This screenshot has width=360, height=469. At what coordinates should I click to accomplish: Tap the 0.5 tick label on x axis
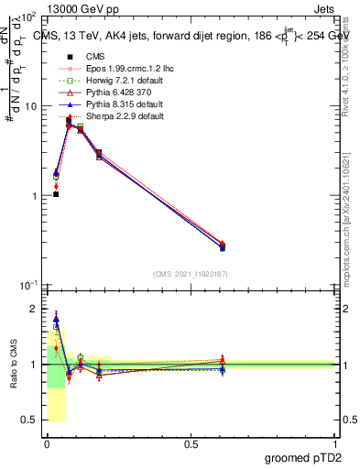pos(191,443)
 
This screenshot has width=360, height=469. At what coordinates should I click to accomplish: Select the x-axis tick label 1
pos(335,443)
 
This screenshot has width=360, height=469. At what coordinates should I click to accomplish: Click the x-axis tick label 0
pos(47,443)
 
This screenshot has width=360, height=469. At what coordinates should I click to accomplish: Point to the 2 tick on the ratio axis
pos(35,309)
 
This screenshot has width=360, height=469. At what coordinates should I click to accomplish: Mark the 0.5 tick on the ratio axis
pos(32,420)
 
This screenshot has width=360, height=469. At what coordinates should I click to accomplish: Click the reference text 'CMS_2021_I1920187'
pos(190,273)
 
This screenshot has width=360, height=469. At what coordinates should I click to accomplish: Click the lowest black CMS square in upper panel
pos(56,194)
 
